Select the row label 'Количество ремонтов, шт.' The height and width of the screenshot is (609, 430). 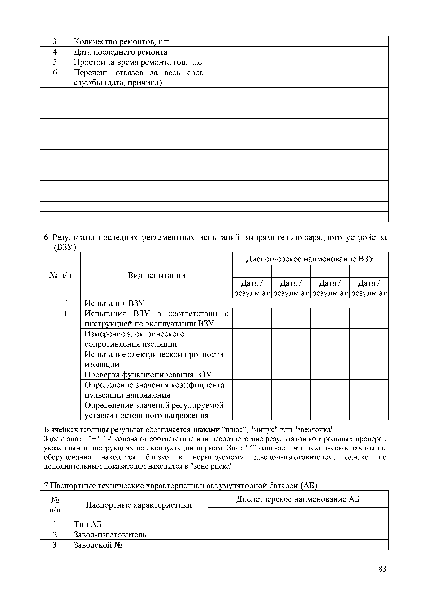pos(122,42)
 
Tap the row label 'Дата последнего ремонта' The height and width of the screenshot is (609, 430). pos(120,52)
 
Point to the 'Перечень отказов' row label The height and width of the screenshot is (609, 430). pos(138,77)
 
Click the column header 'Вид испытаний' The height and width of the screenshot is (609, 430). pos(156,275)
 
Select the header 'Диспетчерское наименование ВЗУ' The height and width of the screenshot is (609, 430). pos(310,259)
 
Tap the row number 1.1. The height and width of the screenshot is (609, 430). pos(63,314)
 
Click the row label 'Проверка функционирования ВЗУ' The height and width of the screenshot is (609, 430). pos(148,374)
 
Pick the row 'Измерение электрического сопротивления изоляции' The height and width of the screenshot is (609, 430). pos(135,339)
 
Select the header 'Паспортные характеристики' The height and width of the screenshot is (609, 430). pos(139,505)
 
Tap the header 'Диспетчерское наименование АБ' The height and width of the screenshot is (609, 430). pos(298,499)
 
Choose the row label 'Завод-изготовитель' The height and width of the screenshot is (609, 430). pos(110,535)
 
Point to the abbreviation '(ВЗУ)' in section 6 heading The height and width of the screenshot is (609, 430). pos(65,247)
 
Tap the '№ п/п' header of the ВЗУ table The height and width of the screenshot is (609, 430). pos(60,275)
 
